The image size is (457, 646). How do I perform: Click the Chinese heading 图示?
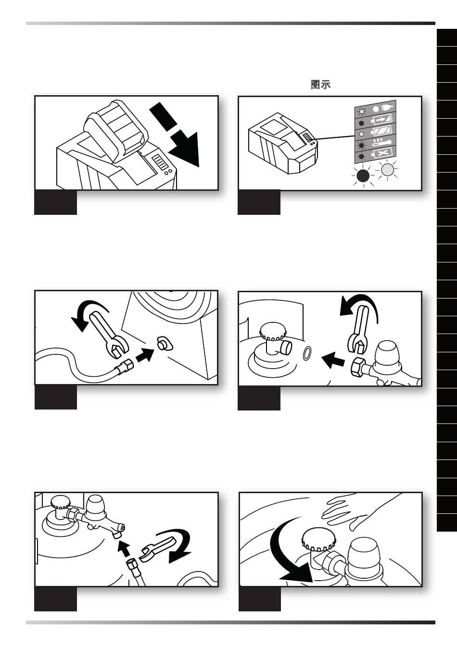320,85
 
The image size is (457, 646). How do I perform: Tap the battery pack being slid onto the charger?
116,132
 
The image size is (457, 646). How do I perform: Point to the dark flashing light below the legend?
363,175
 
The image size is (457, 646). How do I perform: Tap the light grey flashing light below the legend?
387,170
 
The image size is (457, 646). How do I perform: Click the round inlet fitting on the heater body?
164,344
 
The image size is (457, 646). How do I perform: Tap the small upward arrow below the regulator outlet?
124,548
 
